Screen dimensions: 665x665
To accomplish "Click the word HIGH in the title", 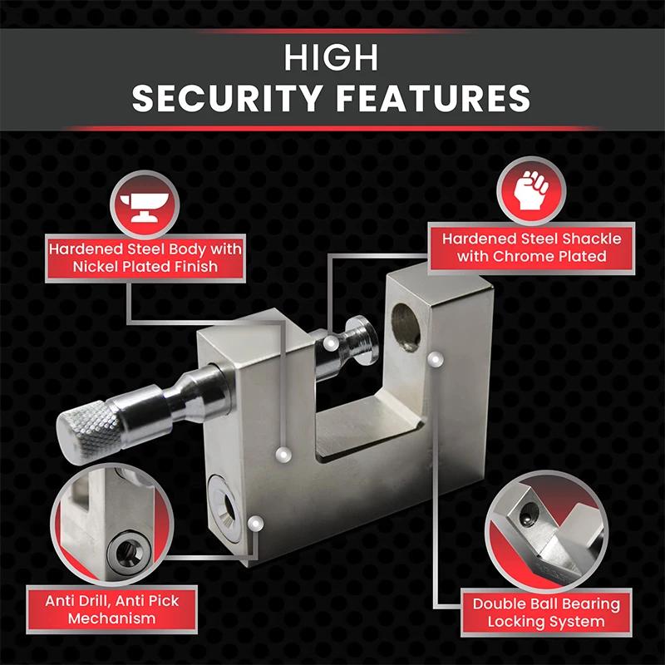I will click(332, 58).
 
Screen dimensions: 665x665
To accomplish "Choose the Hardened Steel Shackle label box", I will click(531, 248).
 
